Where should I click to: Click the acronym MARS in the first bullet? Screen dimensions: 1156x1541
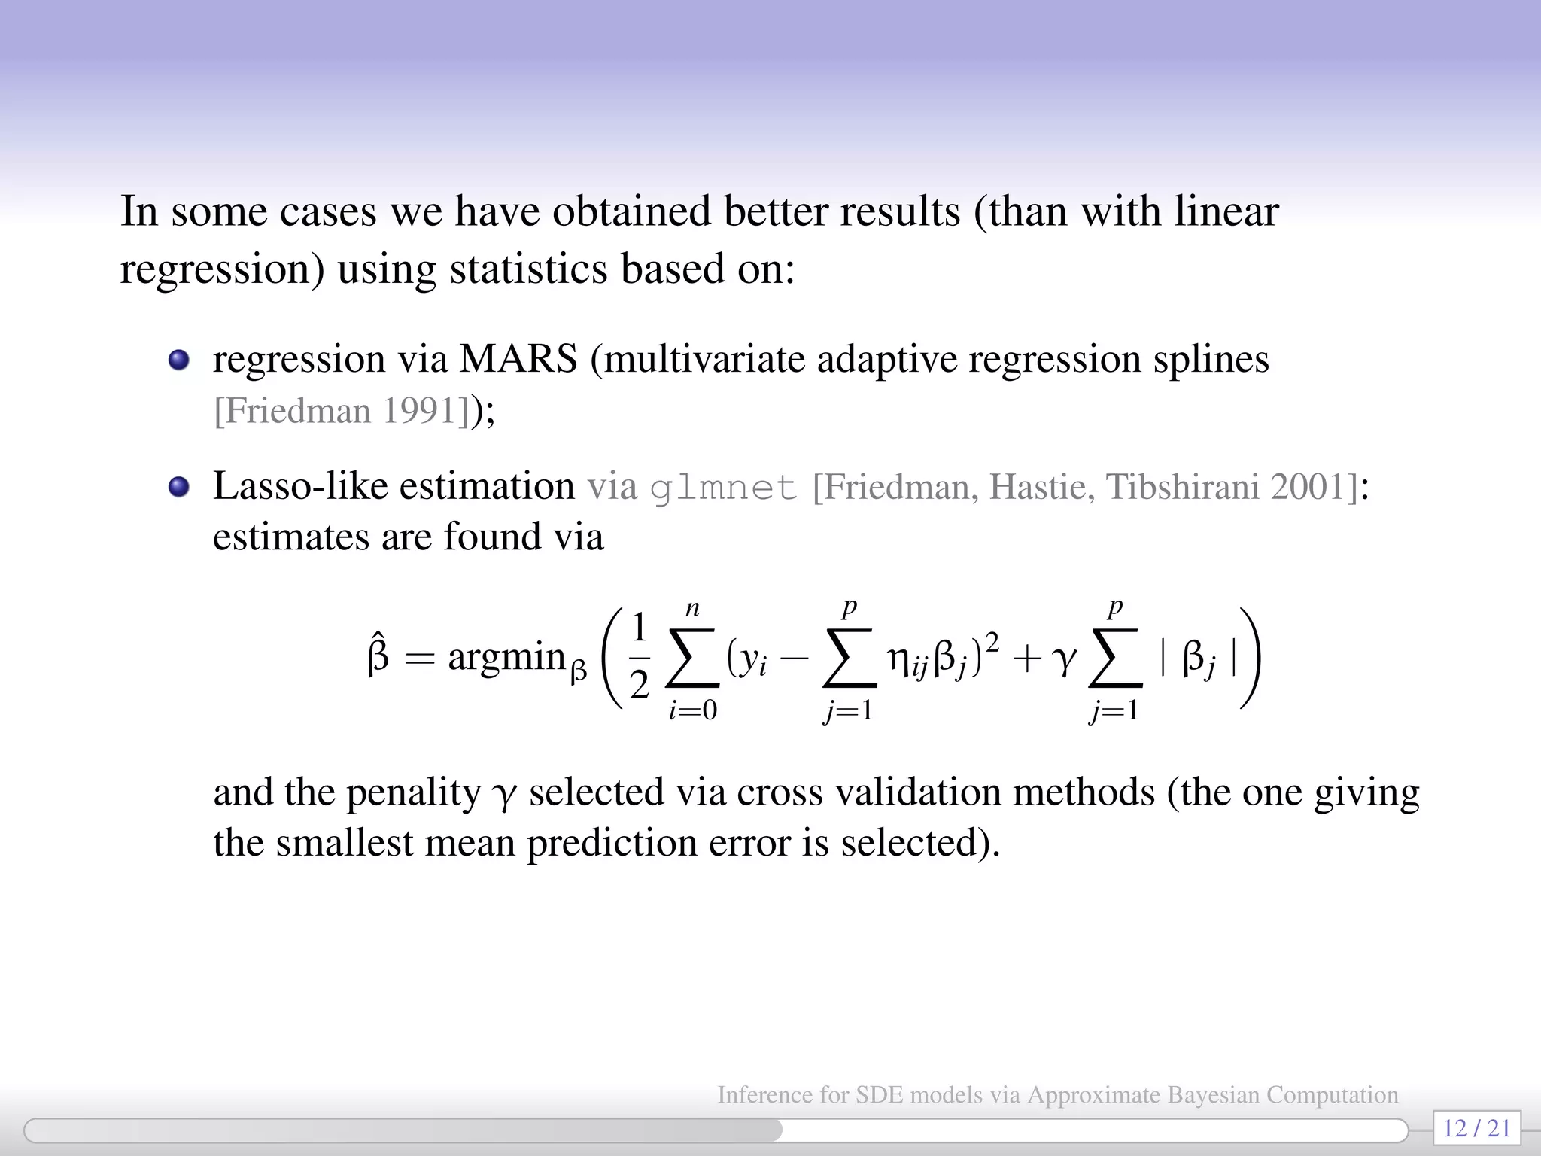(x=518, y=359)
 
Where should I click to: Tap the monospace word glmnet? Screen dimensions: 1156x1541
(x=723, y=487)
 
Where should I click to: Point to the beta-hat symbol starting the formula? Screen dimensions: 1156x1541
(x=378, y=656)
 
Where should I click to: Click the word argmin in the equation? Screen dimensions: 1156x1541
(x=506, y=657)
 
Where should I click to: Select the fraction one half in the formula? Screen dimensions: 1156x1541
(x=640, y=657)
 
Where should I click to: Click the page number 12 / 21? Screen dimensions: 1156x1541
(x=1477, y=1128)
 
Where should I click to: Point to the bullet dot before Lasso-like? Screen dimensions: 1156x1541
(x=178, y=487)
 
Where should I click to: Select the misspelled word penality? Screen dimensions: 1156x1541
(x=413, y=792)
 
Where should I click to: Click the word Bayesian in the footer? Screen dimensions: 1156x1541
(x=1214, y=1094)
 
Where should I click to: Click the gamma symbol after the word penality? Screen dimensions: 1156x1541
(x=503, y=795)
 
